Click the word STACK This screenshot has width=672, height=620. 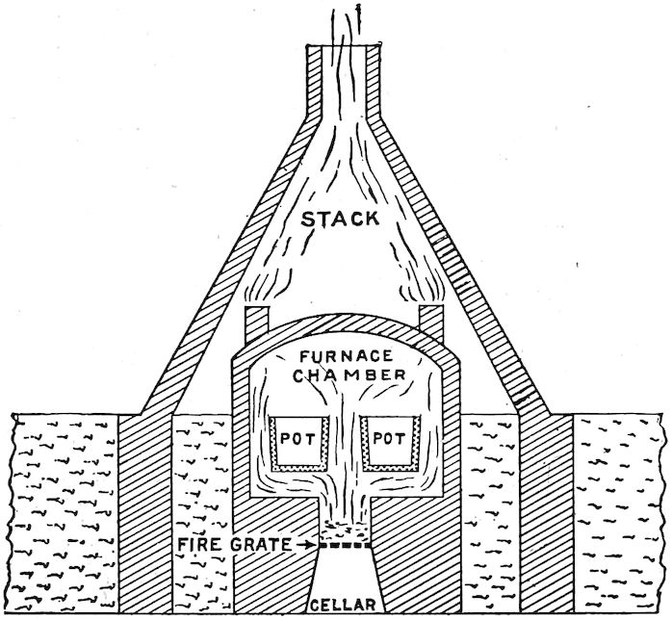(x=340, y=219)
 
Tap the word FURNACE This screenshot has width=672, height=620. (x=347, y=356)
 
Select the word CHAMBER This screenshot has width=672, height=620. (x=351, y=375)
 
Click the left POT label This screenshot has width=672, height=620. (x=297, y=439)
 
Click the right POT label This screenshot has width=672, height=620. (x=390, y=438)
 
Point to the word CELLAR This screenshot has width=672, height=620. (x=343, y=605)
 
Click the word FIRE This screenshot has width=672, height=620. (x=200, y=545)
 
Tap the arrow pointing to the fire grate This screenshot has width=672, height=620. (x=305, y=545)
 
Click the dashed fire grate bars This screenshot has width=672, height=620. (x=345, y=546)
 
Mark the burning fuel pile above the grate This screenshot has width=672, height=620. (x=345, y=530)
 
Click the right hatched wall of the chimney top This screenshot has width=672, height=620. (x=374, y=82)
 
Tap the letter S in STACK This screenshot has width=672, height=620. (x=307, y=220)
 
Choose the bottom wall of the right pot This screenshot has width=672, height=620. (x=391, y=468)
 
